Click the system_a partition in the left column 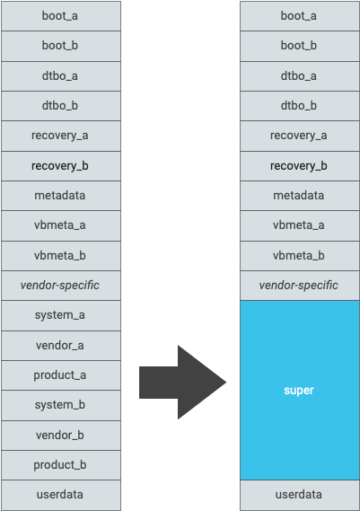(x=60, y=315)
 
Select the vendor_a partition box (x=60, y=345)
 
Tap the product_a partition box (x=60, y=374)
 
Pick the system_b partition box (x=60, y=405)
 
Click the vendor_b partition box (x=60, y=435)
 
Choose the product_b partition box (x=60, y=464)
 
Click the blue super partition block (x=299, y=391)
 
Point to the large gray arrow (x=184, y=382)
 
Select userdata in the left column (x=60, y=495)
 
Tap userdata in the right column (x=299, y=495)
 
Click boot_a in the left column (x=60, y=16)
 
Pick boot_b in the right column (x=299, y=46)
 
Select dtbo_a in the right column (x=299, y=75)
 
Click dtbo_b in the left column (x=60, y=106)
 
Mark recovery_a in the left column (x=60, y=136)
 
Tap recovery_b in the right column (x=299, y=165)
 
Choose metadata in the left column (x=60, y=196)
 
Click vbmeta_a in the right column (x=299, y=225)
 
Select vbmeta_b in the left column (x=60, y=255)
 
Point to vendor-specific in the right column (x=299, y=286)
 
